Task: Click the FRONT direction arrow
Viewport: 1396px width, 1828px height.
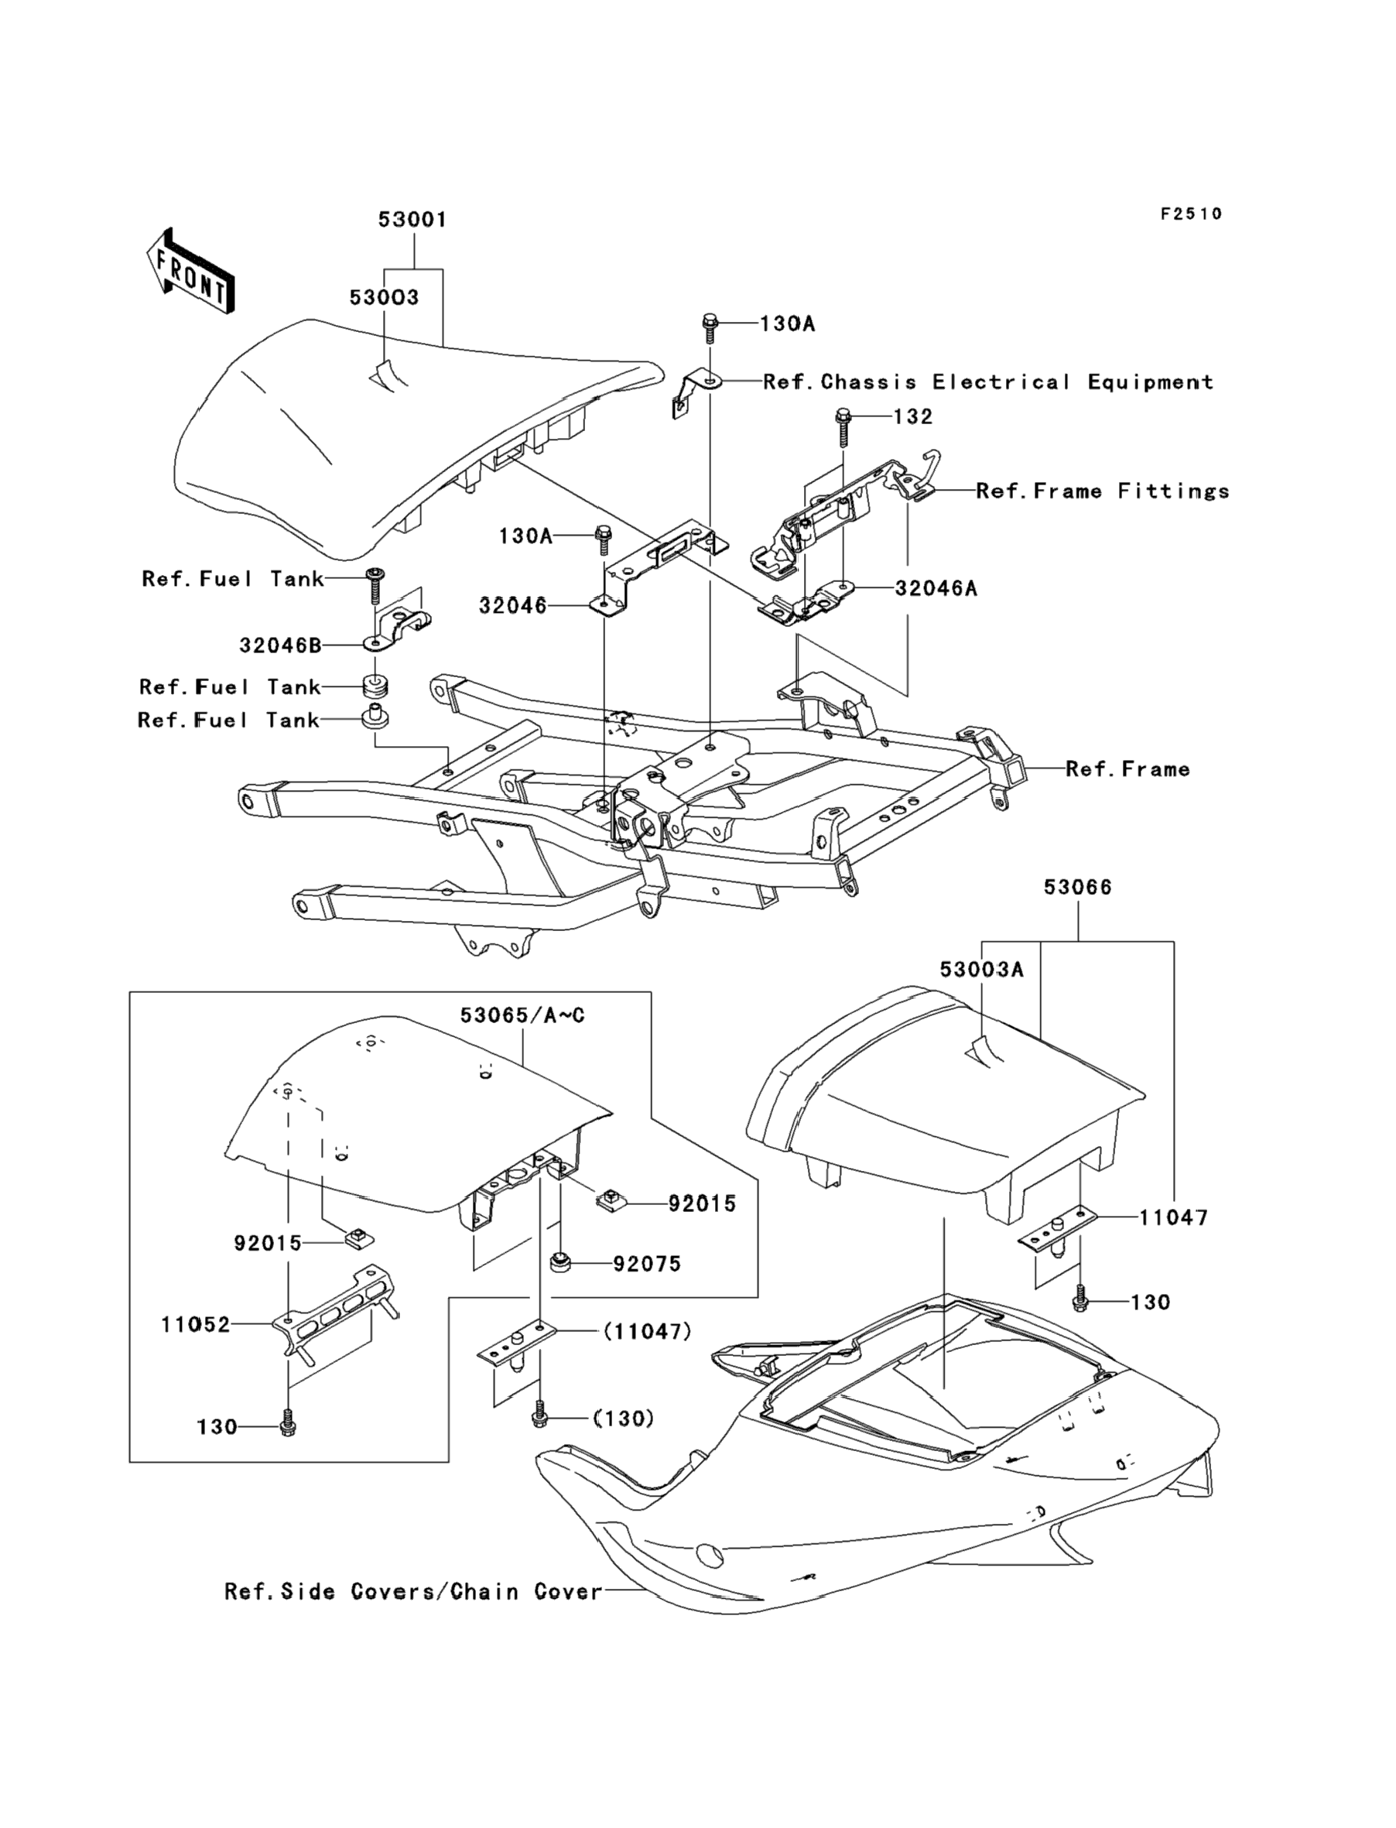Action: tap(190, 271)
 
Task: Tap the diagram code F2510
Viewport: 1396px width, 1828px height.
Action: tap(1192, 214)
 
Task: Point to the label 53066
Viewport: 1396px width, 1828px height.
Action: tap(1078, 888)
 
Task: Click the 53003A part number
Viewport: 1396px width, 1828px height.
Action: tap(981, 970)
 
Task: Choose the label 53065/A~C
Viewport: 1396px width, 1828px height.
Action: tap(522, 1015)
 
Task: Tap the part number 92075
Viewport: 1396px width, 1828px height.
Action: tap(647, 1264)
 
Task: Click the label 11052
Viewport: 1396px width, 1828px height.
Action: tap(195, 1324)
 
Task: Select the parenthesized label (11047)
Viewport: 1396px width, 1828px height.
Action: tap(647, 1332)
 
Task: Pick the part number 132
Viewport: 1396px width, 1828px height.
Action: tap(912, 416)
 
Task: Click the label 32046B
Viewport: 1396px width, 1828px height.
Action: tap(280, 645)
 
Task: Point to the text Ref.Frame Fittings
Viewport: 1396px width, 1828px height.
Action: tap(1103, 491)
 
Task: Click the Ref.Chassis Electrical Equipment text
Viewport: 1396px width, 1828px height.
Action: tap(988, 382)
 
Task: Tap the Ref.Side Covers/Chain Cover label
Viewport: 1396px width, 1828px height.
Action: tap(413, 1592)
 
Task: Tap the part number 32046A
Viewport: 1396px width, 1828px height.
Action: tap(936, 588)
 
